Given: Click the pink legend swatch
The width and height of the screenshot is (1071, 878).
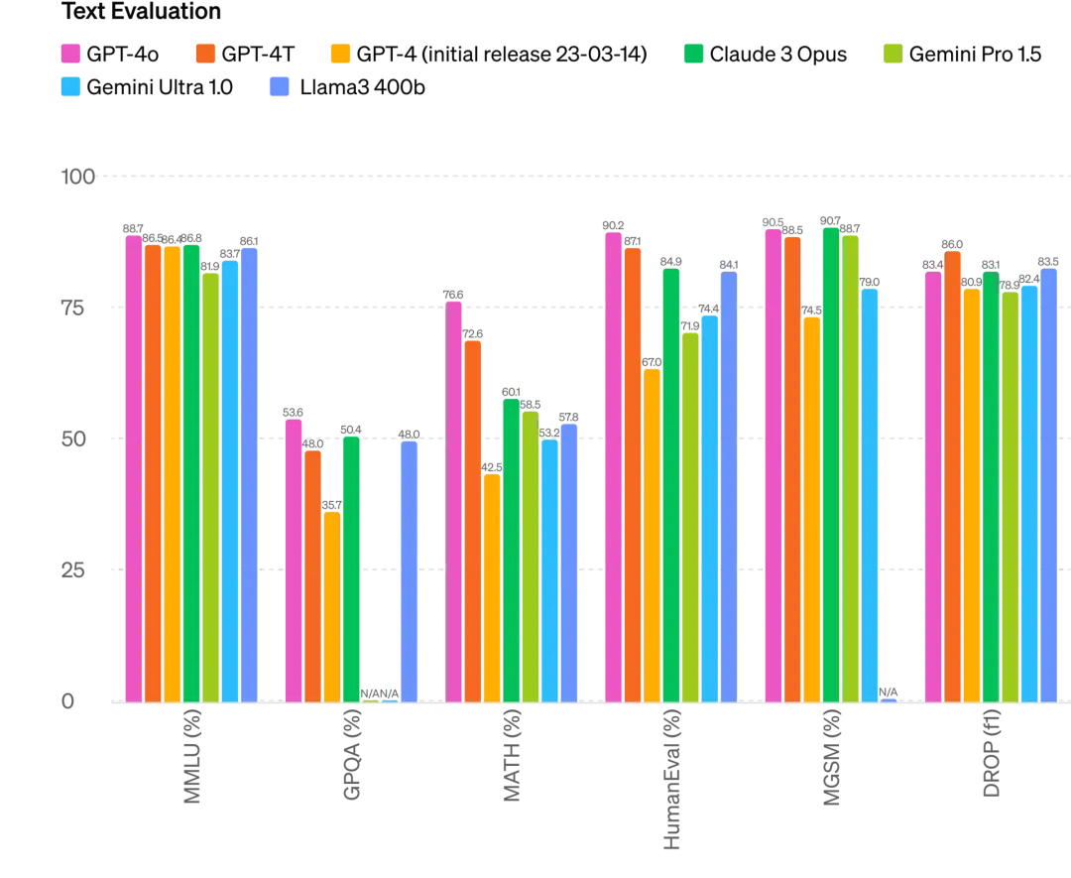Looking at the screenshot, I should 69,53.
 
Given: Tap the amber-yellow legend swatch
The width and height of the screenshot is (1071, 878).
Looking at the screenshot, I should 340,53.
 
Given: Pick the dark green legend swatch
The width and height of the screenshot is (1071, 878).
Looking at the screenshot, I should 694,53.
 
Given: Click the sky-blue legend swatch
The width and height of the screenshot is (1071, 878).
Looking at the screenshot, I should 69,85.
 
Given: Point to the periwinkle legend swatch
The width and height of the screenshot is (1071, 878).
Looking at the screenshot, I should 279,85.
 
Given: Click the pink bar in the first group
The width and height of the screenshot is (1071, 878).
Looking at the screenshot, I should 133,466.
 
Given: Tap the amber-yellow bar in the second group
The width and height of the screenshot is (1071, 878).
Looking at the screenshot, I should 331,605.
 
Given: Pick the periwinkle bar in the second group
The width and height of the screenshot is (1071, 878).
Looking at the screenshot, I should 410,569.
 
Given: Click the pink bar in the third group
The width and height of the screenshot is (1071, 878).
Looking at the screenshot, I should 453,500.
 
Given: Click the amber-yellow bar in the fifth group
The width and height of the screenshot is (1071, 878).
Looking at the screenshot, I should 811,508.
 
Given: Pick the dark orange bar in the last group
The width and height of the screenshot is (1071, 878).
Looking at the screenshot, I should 952,476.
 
